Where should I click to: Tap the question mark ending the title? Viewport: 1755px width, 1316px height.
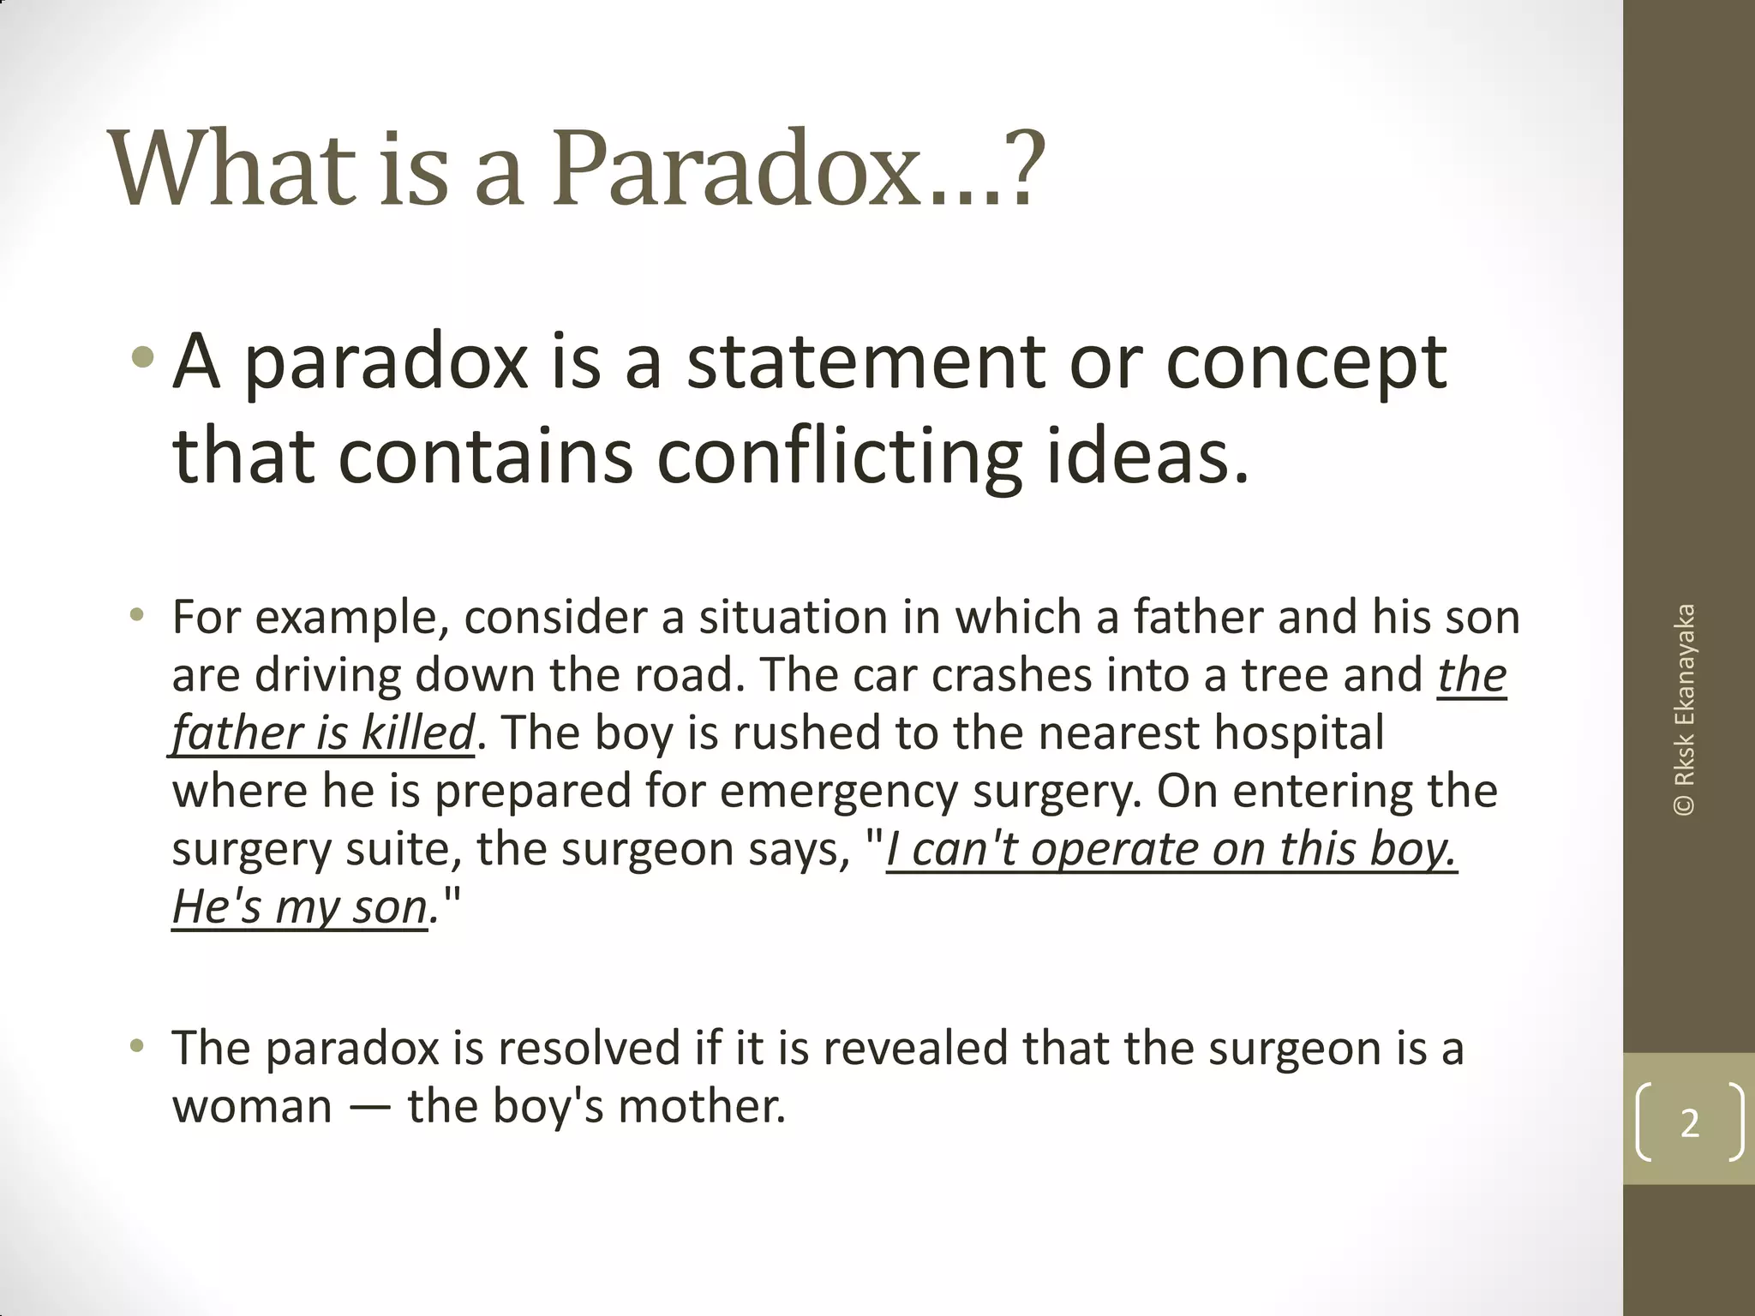[1021, 169]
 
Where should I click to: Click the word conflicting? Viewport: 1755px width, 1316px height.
[840, 457]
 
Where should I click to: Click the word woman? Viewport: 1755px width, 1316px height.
[252, 1106]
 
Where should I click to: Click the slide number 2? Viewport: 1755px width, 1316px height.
[1689, 1122]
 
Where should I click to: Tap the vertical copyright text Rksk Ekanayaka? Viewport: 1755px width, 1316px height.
[1685, 709]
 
